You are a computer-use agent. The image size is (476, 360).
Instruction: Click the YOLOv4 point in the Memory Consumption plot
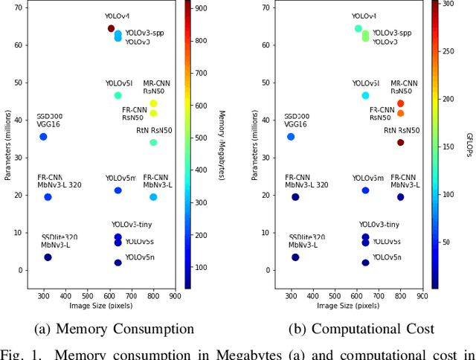pyautogui.click(x=111, y=29)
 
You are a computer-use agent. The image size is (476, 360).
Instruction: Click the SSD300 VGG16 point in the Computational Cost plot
pyautogui.click(x=291, y=137)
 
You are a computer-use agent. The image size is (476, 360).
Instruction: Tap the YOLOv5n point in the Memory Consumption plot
pyautogui.click(x=118, y=263)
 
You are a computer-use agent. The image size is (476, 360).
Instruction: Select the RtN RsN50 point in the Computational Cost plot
pyautogui.click(x=400, y=142)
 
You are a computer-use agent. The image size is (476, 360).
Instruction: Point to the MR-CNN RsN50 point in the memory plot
pyautogui.click(x=153, y=103)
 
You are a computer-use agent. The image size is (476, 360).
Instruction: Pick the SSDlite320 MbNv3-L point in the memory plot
pyautogui.click(x=48, y=257)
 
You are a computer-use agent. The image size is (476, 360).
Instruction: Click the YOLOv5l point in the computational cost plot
pyautogui.click(x=365, y=95)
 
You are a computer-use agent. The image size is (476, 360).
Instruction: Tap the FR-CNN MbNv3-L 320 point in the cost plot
pyautogui.click(x=295, y=197)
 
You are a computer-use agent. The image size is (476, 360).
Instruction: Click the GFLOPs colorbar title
pyautogui.click(x=469, y=144)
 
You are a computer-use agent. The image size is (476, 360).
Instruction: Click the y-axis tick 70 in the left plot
pyautogui.click(x=22, y=7)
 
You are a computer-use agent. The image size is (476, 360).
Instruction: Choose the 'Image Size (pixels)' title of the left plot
pyautogui.click(x=98, y=305)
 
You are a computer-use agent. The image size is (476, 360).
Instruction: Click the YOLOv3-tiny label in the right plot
pyautogui.click(x=379, y=225)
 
